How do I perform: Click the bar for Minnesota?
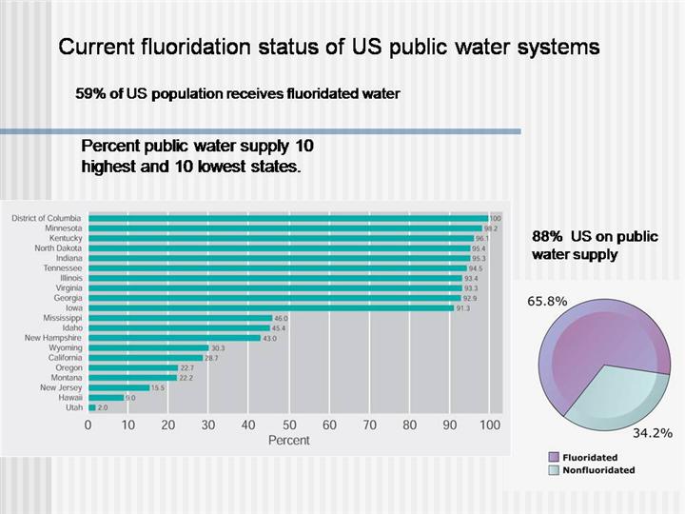285,228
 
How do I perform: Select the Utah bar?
92,407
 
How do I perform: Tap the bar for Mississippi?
180,318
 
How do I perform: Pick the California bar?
145,358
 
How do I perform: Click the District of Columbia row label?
47,218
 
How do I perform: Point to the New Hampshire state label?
53,338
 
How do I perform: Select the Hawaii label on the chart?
68,398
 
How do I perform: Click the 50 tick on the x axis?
288,425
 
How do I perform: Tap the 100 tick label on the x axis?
489,425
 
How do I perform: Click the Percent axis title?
288,441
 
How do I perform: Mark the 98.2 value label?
491,228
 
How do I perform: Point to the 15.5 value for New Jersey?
158,387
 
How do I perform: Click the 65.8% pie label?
547,301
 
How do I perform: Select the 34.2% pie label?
653,433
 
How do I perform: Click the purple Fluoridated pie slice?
590,343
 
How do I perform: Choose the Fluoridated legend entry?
590,458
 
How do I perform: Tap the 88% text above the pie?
546,236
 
